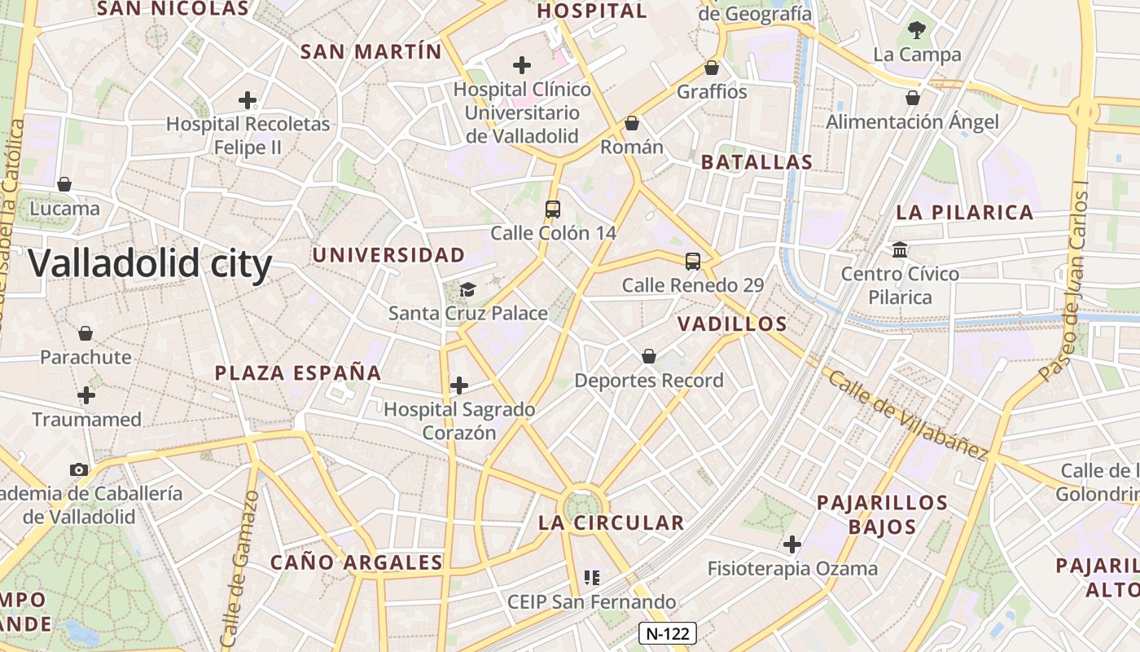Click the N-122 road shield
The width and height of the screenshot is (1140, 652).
point(667,633)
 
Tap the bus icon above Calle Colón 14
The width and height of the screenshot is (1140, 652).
point(553,209)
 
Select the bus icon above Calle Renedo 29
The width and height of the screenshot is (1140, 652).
point(693,261)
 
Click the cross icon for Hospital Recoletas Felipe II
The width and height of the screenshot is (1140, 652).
point(248,100)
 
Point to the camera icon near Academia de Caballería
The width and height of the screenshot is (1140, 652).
point(79,469)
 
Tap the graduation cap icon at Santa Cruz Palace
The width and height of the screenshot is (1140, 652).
point(467,289)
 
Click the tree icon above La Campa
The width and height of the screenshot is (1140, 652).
point(917,31)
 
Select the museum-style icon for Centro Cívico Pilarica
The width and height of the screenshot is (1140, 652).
point(900,249)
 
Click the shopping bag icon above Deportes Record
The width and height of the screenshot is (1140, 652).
point(649,356)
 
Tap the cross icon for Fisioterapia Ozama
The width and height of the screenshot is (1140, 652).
point(791,544)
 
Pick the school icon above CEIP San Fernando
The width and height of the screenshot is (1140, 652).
point(592,578)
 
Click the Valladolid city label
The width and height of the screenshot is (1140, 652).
point(151,264)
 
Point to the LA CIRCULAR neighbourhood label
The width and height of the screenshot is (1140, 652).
point(611,523)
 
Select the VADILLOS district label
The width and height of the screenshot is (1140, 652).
point(732,324)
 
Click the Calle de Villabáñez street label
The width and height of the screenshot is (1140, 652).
point(907,413)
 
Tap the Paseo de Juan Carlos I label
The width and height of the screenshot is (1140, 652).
point(1065,281)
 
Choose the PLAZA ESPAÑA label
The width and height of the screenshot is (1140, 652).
point(298,373)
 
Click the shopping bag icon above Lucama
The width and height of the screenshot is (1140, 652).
point(64,184)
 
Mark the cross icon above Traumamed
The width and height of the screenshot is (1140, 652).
point(86,395)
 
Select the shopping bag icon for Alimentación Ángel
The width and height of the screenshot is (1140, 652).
point(913,98)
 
